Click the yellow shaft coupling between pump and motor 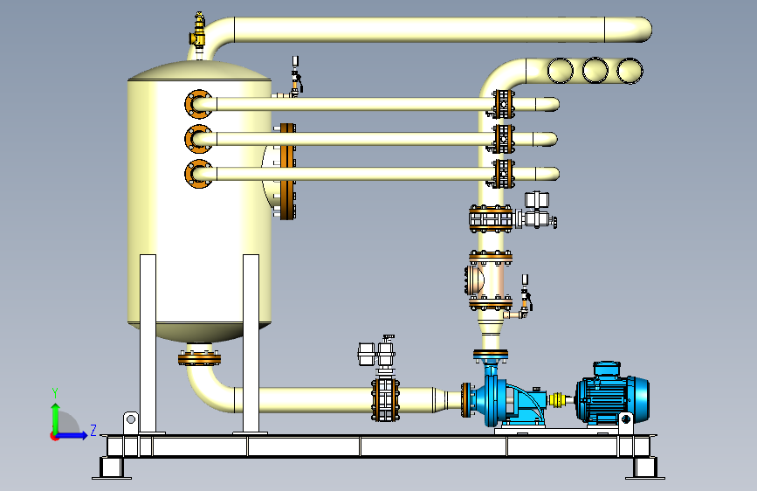(x=557, y=399)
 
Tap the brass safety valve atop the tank (x=198, y=30)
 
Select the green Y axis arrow (x=56, y=412)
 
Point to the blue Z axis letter (x=93, y=430)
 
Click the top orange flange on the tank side (x=198, y=104)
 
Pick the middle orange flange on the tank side (x=198, y=139)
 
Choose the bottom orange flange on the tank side (x=198, y=174)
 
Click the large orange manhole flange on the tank (x=288, y=171)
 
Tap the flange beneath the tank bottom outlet (x=199, y=359)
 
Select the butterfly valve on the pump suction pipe (x=385, y=399)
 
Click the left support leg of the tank (x=148, y=343)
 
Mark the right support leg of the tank (x=251, y=343)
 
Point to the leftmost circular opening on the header (x=561, y=71)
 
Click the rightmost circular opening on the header (x=630, y=71)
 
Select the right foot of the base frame (x=645, y=467)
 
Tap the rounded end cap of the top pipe (x=640, y=30)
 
